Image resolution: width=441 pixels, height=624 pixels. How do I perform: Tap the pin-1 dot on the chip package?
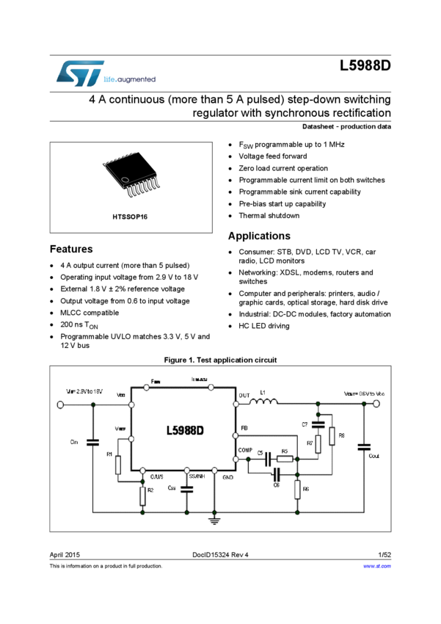click(x=125, y=180)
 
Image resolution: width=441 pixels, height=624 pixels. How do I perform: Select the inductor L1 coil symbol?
click(x=263, y=401)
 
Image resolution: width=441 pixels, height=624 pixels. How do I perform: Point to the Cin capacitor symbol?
click(x=93, y=442)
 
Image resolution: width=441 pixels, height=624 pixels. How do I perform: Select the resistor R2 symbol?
click(x=142, y=496)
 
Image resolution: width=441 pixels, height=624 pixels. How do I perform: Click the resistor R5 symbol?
click(x=285, y=460)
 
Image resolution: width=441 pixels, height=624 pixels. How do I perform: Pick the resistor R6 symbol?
click(x=297, y=490)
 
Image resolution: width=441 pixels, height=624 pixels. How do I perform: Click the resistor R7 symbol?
click(x=318, y=443)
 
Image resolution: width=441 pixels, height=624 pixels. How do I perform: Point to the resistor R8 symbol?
click(x=332, y=436)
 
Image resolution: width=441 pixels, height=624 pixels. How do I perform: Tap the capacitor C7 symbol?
click(x=318, y=424)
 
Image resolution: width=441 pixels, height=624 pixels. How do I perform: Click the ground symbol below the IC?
click(x=214, y=521)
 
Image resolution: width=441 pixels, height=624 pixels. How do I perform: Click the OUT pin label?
click(x=244, y=396)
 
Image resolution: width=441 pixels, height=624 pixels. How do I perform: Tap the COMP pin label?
click(x=247, y=449)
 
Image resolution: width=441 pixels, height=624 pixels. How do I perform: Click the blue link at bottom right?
click(x=377, y=565)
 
